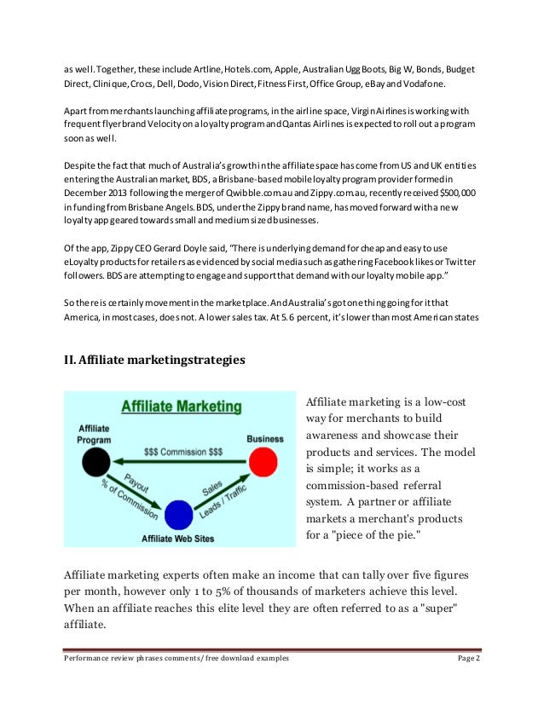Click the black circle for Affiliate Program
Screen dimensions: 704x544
(x=93, y=463)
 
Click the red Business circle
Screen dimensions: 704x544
(x=265, y=463)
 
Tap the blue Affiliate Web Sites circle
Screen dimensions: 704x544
(x=178, y=515)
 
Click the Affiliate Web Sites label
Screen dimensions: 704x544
(x=177, y=539)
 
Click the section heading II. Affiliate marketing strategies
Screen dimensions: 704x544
(x=155, y=360)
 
